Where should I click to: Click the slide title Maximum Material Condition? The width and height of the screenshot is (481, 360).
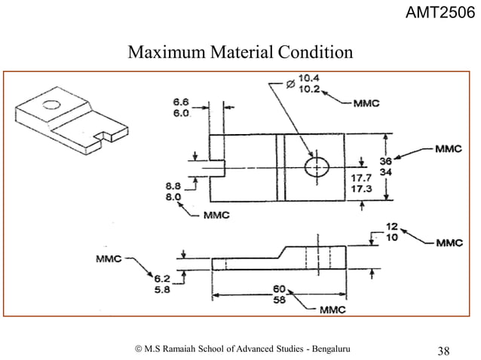click(x=240, y=53)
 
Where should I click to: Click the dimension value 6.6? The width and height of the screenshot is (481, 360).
click(x=181, y=101)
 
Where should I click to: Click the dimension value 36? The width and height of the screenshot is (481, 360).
click(x=406, y=161)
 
